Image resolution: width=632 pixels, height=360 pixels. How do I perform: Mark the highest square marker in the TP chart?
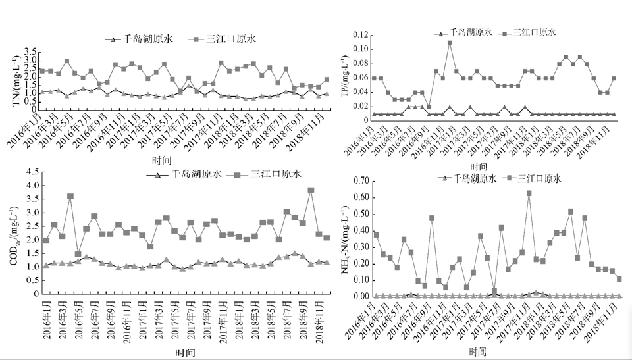(450, 43)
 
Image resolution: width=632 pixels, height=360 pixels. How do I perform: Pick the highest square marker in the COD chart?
(311, 190)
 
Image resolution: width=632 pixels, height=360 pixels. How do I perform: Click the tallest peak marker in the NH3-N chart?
(529, 193)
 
